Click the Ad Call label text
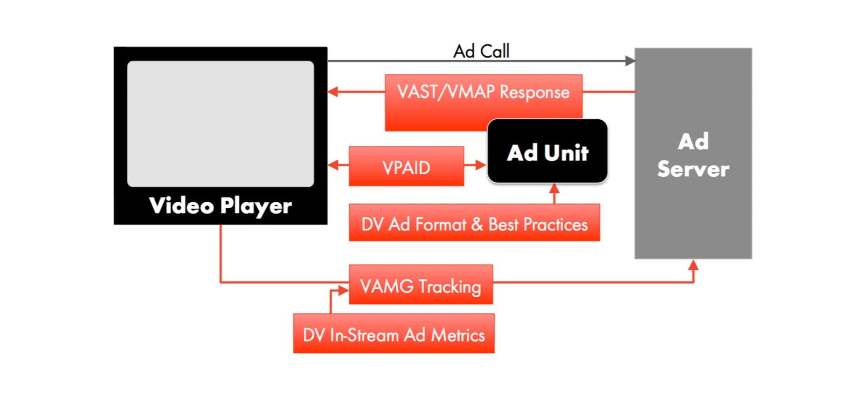tap(481, 51)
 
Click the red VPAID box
tap(406, 167)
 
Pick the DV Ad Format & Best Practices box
tap(474, 223)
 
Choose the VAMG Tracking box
tap(420, 285)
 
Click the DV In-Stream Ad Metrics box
tap(393, 334)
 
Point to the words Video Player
tap(220, 206)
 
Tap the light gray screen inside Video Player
tap(220, 124)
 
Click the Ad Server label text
tap(693, 155)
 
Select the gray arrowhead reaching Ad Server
tap(630, 61)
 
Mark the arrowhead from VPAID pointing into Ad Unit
tap(481, 165)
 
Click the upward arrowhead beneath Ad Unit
tap(554, 189)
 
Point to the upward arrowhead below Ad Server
tap(694, 265)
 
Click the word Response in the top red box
tap(534, 92)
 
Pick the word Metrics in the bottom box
tap(458, 335)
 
